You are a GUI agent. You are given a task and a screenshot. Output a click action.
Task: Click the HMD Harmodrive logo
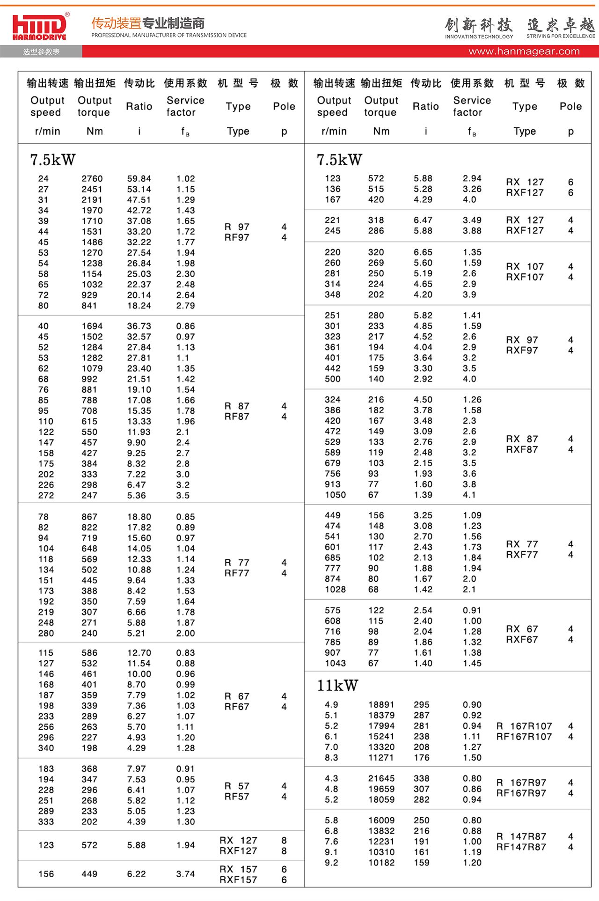tap(40, 27)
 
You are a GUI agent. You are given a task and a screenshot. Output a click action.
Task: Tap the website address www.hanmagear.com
tap(524, 51)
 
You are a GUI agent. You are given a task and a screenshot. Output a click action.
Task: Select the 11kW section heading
tap(337, 686)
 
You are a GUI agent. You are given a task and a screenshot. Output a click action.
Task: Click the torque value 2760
tap(92, 179)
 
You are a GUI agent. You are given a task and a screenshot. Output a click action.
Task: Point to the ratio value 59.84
tap(139, 179)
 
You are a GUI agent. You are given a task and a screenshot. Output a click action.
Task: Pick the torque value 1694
tap(92, 326)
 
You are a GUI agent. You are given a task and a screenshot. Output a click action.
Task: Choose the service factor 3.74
tap(185, 874)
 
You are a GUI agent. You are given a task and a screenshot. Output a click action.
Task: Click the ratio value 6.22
tap(136, 874)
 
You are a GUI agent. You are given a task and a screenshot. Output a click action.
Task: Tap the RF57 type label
tap(237, 797)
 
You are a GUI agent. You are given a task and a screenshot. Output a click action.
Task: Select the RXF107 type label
tap(525, 277)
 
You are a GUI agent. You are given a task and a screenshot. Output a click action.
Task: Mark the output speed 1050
tap(335, 495)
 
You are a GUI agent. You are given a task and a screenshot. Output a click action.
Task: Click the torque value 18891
tap(381, 705)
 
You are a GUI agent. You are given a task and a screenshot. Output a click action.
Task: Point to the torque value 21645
tap(381, 778)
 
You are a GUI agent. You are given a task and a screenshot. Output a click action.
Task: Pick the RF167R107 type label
tap(524, 737)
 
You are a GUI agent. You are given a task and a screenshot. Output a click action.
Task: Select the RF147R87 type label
tap(521, 847)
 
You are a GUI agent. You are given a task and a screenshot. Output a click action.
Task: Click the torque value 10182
tap(381, 863)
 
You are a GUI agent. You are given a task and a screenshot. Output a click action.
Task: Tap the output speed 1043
tap(335, 663)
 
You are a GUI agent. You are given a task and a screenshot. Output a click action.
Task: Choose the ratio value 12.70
tap(139, 653)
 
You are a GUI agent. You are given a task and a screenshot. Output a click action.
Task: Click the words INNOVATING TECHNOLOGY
tap(479, 37)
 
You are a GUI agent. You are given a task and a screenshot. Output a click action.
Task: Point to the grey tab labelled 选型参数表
tap(41, 51)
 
